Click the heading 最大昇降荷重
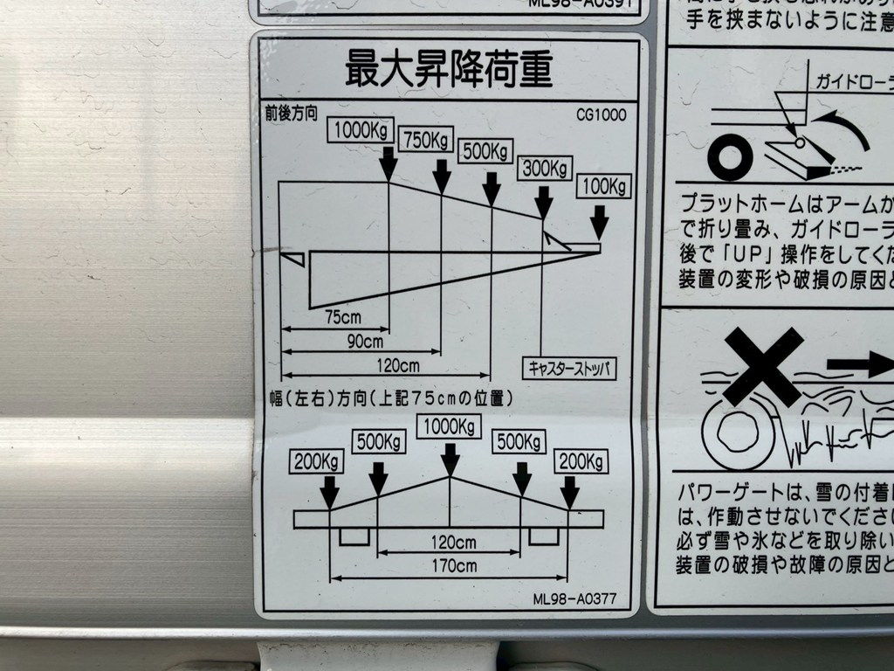[x=449, y=69]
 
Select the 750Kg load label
[x=425, y=140]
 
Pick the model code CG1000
[x=601, y=114]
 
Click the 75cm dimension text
[x=343, y=317]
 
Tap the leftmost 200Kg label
[x=318, y=461]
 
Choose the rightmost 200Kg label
[x=581, y=460]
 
